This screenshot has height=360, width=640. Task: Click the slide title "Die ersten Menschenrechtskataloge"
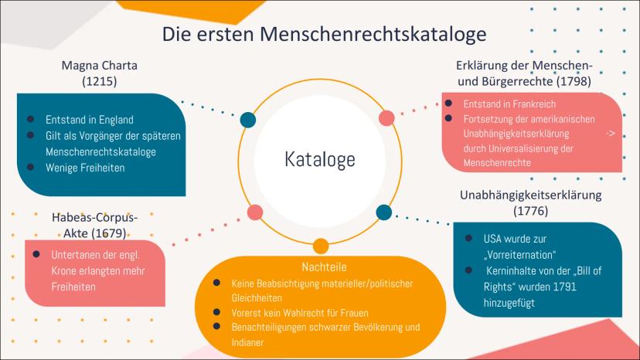[324, 34]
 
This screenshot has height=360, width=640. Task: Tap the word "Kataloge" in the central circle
[319, 160]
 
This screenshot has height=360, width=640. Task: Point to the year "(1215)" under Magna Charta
[99, 80]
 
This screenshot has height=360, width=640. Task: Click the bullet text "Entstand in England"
[90, 120]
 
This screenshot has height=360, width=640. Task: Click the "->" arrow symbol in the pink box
[611, 134]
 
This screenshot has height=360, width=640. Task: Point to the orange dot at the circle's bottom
[320, 246]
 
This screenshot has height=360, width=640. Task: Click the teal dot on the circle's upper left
[248, 120]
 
